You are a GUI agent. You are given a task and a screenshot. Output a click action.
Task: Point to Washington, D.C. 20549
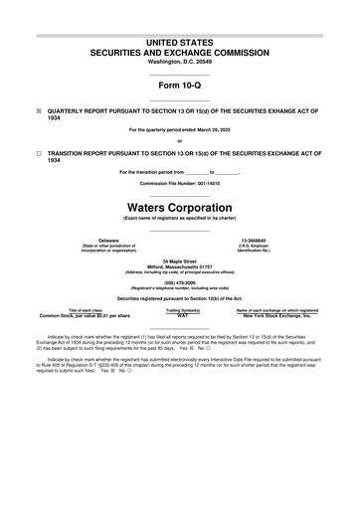179,57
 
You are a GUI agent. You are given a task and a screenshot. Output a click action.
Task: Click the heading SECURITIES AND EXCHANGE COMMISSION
179,47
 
